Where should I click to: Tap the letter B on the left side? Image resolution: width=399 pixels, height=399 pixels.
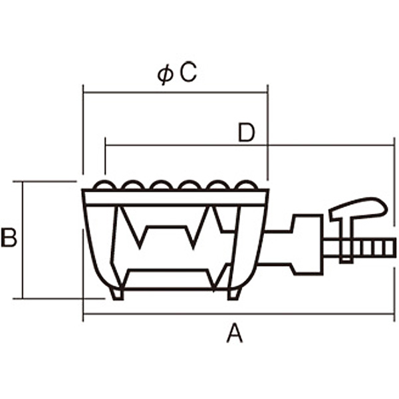pos(9,237)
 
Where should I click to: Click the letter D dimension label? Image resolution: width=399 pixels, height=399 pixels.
pos(247,134)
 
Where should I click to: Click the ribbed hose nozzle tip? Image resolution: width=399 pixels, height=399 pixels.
pos(375,249)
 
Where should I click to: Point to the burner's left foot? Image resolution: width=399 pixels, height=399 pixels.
pos(117,293)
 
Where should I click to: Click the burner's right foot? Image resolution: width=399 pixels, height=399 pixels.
pos(234,293)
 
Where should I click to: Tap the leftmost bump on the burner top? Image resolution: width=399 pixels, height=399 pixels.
pos(103,186)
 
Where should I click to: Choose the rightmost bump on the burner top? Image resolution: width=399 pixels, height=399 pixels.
pos(246,186)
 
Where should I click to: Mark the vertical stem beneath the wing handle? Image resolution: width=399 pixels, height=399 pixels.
pos(345,239)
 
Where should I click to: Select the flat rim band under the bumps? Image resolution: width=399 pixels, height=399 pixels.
pos(175,198)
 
